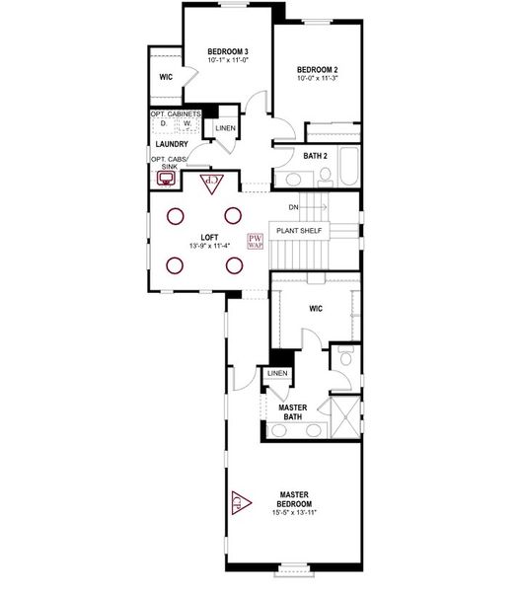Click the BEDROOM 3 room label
pyautogui.click(x=227, y=51)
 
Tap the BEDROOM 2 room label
pyautogui.click(x=317, y=69)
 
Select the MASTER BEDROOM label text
pyautogui.click(x=295, y=498)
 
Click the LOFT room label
pyautogui.click(x=208, y=237)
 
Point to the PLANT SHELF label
pyautogui.click(x=300, y=231)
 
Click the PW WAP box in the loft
pyautogui.click(x=255, y=241)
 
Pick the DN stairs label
pyautogui.click(x=294, y=207)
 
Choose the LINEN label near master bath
pyautogui.click(x=277, y=373)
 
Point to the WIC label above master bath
pyautogui.click(x=315, y=309)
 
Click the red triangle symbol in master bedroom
pyautogui.click(x=238, y=502)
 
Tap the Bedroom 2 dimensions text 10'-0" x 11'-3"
pyautogui.click(x=317, y=80)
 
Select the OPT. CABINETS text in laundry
pyautogui.click(x=176, y=114)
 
